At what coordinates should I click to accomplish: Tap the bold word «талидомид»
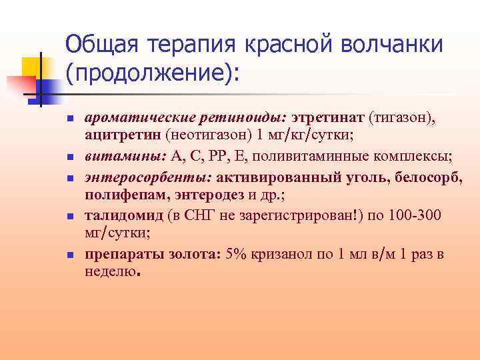(x=121, y=216)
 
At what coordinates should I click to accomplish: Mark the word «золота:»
(x=189, y=255)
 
